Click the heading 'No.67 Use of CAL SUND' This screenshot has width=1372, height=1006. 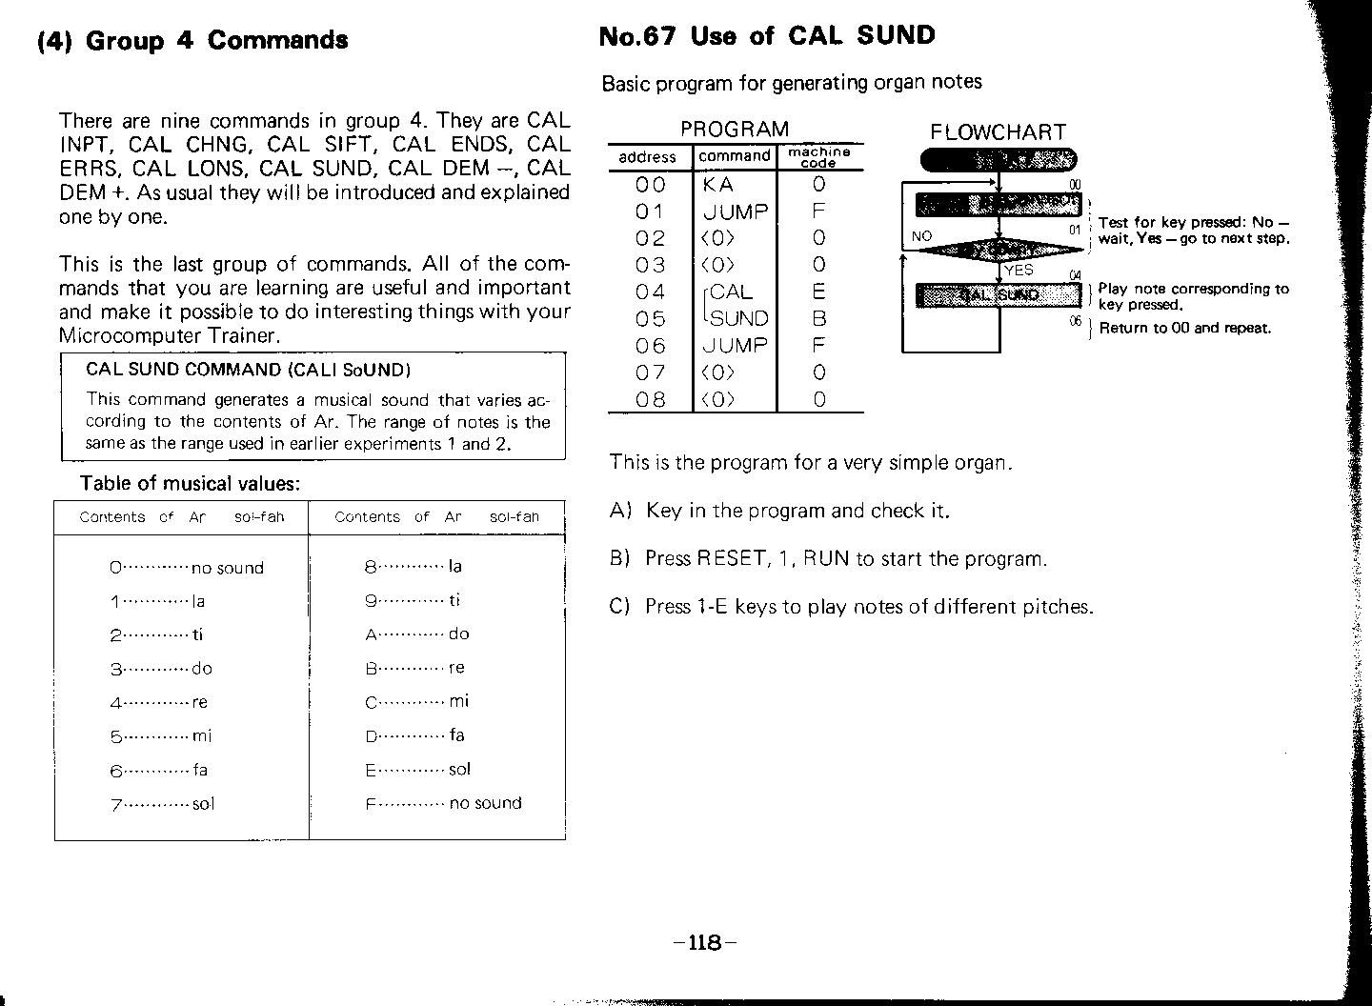[767, 36]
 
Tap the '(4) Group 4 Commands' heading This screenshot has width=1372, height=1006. [192, 40]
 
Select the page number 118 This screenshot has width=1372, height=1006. [704, 943]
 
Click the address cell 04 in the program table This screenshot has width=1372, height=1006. [651, 292]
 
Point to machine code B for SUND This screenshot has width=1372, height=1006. [818, 318]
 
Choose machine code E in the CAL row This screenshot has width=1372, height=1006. [818, 292]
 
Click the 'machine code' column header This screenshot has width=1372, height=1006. [819, 156]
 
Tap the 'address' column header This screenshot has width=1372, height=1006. [648, 156]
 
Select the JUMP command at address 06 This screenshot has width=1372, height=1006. [735, 345]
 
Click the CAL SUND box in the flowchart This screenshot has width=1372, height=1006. [998, 294]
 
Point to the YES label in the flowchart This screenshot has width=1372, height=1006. [1019, 270]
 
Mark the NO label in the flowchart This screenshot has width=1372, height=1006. [921, 235]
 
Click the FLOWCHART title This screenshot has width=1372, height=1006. [998, 132]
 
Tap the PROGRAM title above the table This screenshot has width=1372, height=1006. [735, 129]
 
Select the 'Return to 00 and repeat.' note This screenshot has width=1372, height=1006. [1184, 328]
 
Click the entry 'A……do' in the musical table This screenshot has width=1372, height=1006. [417, 634]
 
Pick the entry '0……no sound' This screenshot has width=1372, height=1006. [187, 568]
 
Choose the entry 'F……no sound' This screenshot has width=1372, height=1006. [443, 803]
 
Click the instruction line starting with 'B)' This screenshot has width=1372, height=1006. [828, 558]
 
